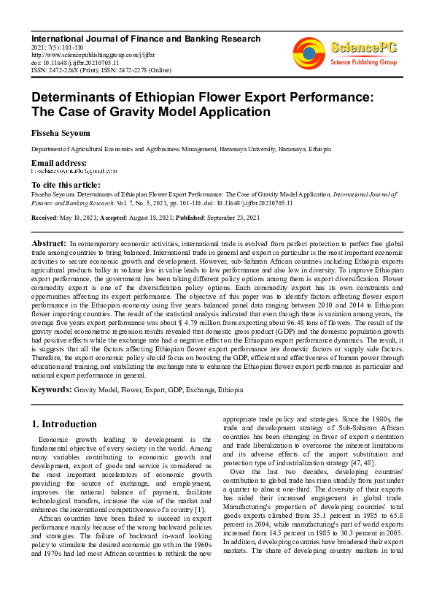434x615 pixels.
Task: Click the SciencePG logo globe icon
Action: click(309, 53)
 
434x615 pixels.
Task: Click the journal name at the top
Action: click(145, 39)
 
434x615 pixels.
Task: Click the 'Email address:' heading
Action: click(58, 162)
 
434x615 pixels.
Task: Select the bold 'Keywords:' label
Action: click(51, 390)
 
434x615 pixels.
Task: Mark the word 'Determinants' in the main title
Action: click(83, 97)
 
